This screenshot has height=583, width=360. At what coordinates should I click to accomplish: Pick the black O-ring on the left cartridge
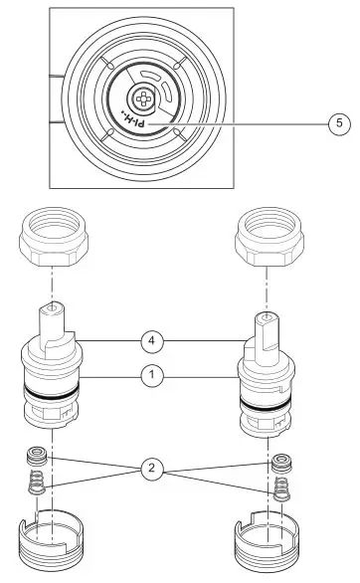[x=50, y=398]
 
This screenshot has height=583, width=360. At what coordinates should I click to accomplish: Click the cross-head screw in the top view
[x=140, y=99]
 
